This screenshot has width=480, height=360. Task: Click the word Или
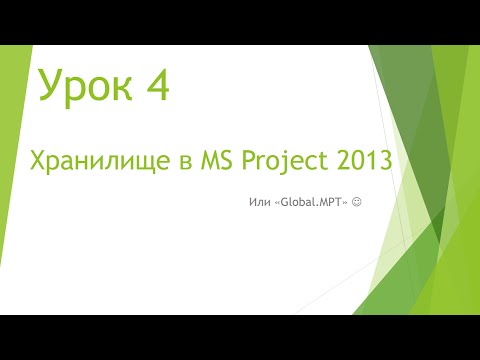[256, 203]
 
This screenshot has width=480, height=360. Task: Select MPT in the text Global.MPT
[330, 203]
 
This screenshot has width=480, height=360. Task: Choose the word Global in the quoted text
[297, 203]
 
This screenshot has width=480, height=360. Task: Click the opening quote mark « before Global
[276, 203]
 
